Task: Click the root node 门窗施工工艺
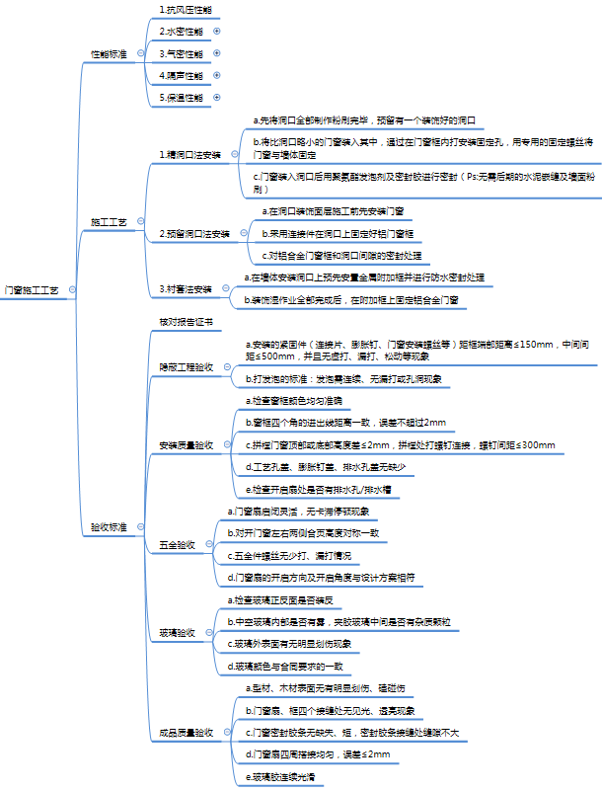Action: coord(32,291)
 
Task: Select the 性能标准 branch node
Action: coord(108,52)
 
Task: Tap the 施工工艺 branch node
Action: coord(108,222)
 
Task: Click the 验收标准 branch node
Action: coord(108,528)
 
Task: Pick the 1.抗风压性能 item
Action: coord(185,9)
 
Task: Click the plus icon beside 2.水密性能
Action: coord(216,31)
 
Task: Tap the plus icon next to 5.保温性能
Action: coord(216,98)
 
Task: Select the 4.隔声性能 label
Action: coord(182,75)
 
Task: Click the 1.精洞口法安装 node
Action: coord(189,155)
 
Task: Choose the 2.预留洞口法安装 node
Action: coord(194,234)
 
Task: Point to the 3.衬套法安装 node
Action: coord(187,289)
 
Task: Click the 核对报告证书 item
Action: coord(185,322)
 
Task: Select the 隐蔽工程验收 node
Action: coord(187,365)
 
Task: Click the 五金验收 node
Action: coord(177,544)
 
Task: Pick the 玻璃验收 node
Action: coord(177,632)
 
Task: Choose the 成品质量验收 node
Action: coord(187,733)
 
